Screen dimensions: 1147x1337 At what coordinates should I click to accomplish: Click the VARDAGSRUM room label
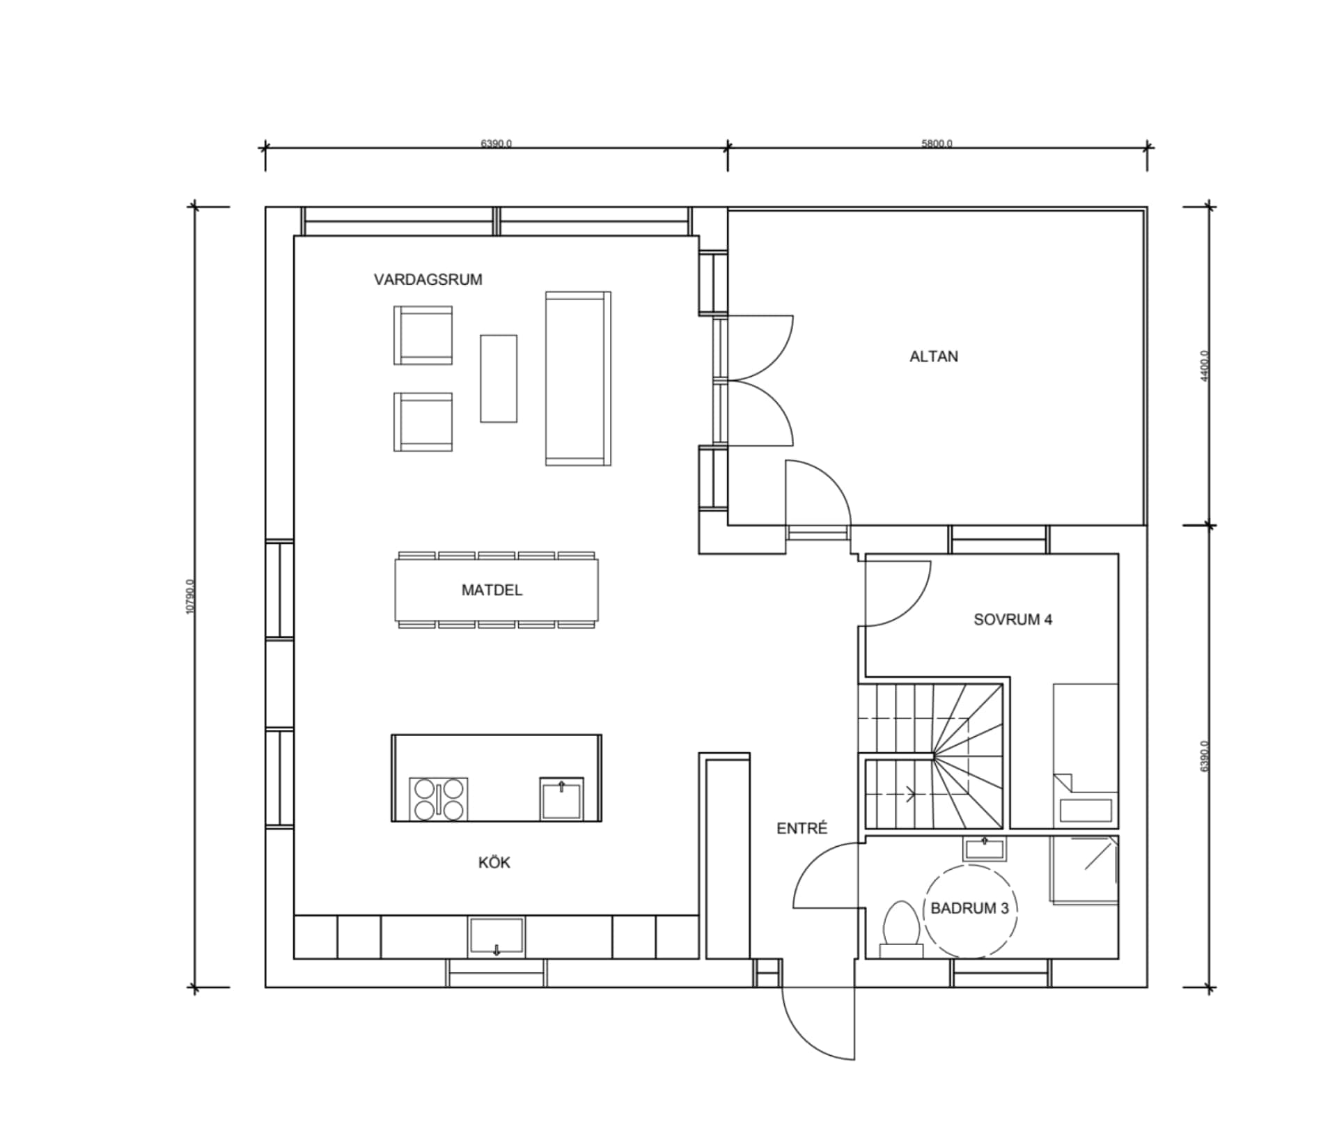tap(428, 280)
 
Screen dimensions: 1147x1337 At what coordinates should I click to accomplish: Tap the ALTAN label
tap(933, 357)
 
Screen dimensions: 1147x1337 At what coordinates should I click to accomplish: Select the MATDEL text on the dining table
tap(492, 591)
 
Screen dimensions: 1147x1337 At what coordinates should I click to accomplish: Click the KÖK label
tap(494, 863)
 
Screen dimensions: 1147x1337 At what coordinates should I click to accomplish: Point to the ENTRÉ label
tap(802, 829)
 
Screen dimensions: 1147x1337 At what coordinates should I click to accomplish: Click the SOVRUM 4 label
tap(1012, 620)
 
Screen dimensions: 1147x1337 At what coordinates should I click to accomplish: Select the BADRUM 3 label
tap(969, 908)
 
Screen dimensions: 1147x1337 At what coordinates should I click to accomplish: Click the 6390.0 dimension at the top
tap(496, 144)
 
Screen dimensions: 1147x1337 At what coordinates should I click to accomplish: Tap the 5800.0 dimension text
tap(937, 144)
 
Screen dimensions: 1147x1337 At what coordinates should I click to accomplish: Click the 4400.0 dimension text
tap(1205, 366)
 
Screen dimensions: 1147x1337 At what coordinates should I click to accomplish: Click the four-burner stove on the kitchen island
tap(438, 799)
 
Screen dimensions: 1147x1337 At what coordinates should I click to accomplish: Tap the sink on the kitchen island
tap(561, 799)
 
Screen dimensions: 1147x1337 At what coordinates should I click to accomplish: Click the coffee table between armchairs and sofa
tap(498, 378)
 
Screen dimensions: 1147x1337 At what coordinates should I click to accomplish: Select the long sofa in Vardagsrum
tap(577, 378)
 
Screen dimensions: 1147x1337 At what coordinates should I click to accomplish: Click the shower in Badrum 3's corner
tap(1084, 871)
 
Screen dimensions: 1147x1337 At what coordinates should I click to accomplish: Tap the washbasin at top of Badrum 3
tap(985, 849)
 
